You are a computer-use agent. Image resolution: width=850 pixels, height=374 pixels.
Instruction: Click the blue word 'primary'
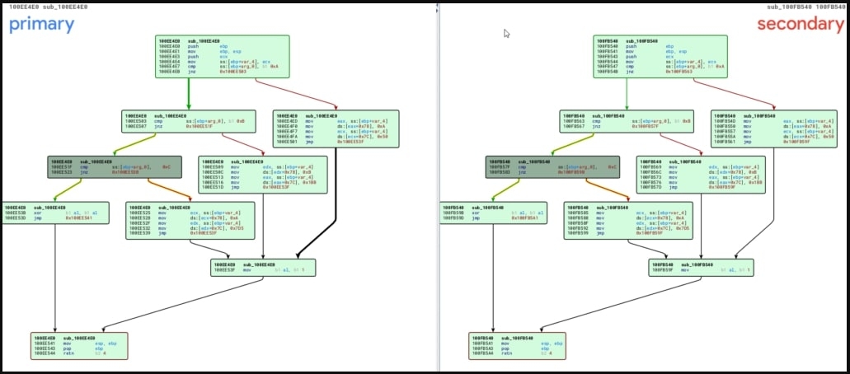(42, 24)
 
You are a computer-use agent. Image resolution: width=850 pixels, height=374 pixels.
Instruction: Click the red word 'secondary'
(800, 24)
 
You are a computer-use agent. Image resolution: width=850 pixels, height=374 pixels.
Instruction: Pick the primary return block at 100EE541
(79, 346)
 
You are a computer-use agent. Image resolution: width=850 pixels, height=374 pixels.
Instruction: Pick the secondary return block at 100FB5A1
(518, 346)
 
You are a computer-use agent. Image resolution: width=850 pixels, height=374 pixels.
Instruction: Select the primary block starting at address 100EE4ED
(335, 129)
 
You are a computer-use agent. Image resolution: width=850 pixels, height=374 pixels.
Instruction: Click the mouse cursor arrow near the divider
(506, 34)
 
